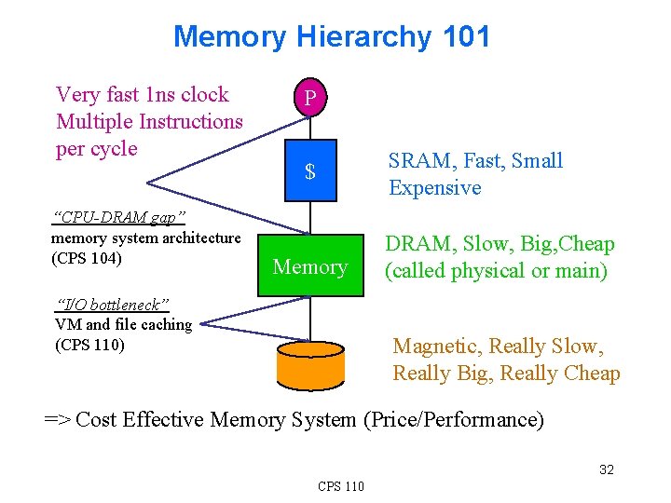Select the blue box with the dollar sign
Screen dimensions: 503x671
pyautogui.click(x=310, y=172)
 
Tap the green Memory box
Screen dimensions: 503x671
pyautogui.click(x=310, y=267)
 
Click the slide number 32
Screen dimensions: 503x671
pyautogui.click(x=606, y=469)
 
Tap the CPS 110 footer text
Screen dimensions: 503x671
pyautogui.click(x=341, y=485)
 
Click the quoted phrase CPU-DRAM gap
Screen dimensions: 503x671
pyautogui.click(x=120, y=218)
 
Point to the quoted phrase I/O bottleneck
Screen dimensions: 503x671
pyautogui.click(x=113, y=305)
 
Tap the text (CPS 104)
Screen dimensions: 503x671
pyautogui.click(x=89, y=257)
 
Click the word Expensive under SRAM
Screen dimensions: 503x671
pyautogui.click(x=434, y=188)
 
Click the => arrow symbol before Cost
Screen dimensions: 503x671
pyautogui.click(x=57, y=420)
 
